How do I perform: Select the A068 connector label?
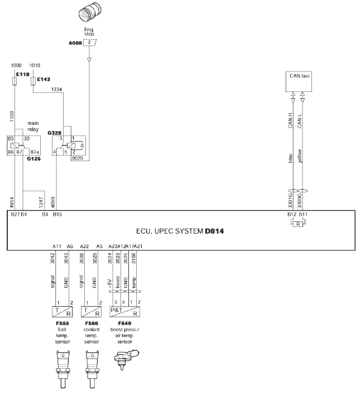pyautogui.click(x=74, y=42)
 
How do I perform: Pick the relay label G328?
pyautogui.click(x=54, y=132)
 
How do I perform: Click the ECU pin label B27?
pyautogui.click(x=15, y=214)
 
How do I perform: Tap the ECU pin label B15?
pyautogui.click(x=57, y=214)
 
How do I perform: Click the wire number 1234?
pyautogui.click(x=57, y=89)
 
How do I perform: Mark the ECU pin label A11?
pyautogui.click(x=57, y=246)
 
